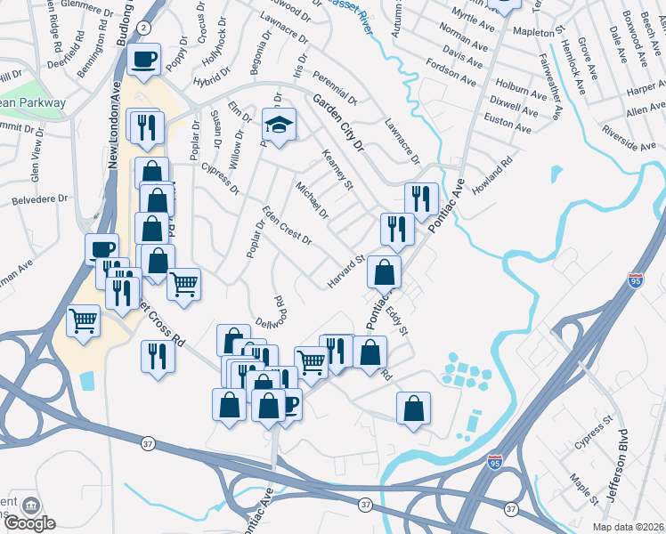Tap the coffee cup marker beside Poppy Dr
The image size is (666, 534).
click(x=144, y=60)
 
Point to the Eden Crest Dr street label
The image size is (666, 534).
click(x=286, y=226)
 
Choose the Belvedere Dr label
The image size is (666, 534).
click(x=34, y=201)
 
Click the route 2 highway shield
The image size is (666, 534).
click(x=143, y=28)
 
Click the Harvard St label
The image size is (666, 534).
click(x=345, y=272)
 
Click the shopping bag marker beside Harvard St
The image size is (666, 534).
click(x=384, y=271)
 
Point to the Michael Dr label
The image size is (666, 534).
click(x=313, y=201)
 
